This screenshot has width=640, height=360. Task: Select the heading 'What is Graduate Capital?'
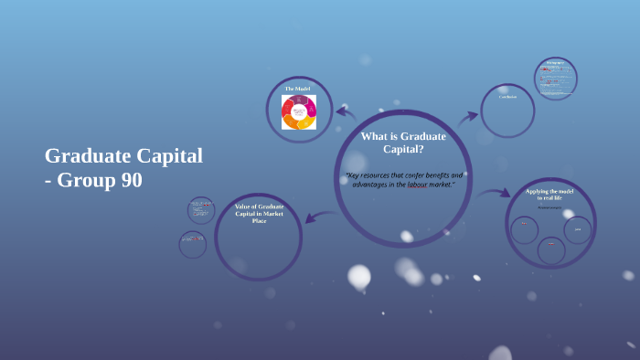pos(403,142)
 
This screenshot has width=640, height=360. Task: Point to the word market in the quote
pos(436,184)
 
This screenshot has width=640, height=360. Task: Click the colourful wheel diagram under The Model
pos(299,112)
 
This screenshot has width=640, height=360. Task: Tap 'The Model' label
pos(298,89)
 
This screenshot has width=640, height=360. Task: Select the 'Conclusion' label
pos(507,96)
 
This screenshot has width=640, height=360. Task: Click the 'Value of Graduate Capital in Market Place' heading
pos(259,213)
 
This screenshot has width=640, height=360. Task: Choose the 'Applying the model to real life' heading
pos(550,194)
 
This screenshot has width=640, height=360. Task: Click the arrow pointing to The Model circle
pos(346,112)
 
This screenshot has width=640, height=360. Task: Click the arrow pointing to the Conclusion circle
pos(468,116)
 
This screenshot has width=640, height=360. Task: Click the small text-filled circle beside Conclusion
pos(556,79)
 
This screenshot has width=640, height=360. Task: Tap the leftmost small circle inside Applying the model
pos(524,229)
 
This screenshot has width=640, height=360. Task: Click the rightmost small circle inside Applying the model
pos(578,229)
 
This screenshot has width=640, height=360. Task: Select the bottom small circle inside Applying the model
pos(550,250)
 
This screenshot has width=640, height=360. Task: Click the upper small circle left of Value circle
pos(201,210)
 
